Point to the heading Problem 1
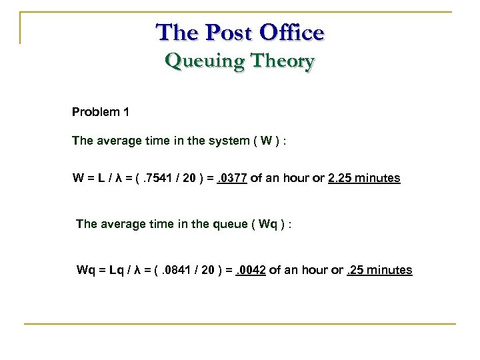[101, 112]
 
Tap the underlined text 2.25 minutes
[364, 179]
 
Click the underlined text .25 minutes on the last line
[379, 271]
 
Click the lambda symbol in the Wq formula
[137, 271]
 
